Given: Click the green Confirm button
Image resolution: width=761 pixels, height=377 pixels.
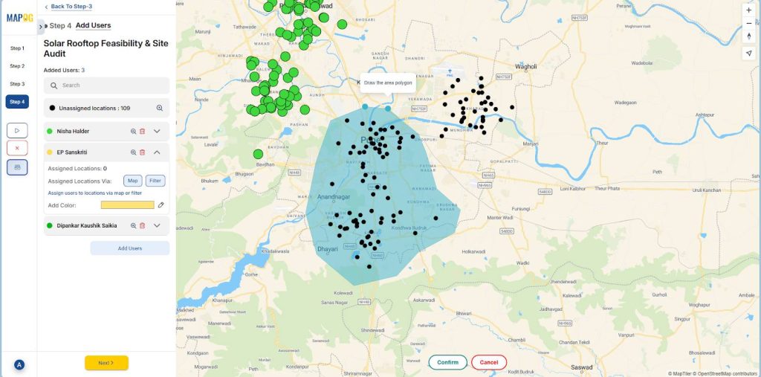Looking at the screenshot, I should tap(447, 362).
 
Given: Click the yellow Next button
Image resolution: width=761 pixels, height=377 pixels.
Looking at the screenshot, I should tap(106, 363).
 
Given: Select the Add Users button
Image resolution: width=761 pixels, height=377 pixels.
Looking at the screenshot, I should tap(129, 248).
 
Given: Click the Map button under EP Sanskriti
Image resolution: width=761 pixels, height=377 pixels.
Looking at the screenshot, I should tap(132, 181).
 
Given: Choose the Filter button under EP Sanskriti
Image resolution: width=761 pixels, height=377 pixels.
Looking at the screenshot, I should tap(155, 181).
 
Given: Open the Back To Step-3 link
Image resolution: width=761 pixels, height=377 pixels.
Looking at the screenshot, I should tap(71, 7).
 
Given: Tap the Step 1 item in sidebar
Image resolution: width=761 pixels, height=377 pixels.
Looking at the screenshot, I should tap(17, 48).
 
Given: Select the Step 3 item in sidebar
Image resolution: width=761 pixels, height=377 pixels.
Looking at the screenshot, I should tap(17, 84).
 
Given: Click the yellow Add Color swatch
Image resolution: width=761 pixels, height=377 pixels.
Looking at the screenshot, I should tap(127, 205).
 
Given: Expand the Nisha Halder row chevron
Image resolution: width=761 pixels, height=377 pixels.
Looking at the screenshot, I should tap(157, 132).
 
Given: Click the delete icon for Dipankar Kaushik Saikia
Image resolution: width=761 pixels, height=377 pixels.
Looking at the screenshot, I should tap(142, 225).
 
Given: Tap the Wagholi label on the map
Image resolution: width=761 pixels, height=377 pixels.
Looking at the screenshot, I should tap(525, 66).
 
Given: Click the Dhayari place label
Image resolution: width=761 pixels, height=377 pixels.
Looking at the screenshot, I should tap(328, 249).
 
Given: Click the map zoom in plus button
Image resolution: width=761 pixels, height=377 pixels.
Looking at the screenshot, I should tap(748, 10).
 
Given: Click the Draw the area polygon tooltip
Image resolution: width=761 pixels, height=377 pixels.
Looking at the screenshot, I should tap(387, 83).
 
